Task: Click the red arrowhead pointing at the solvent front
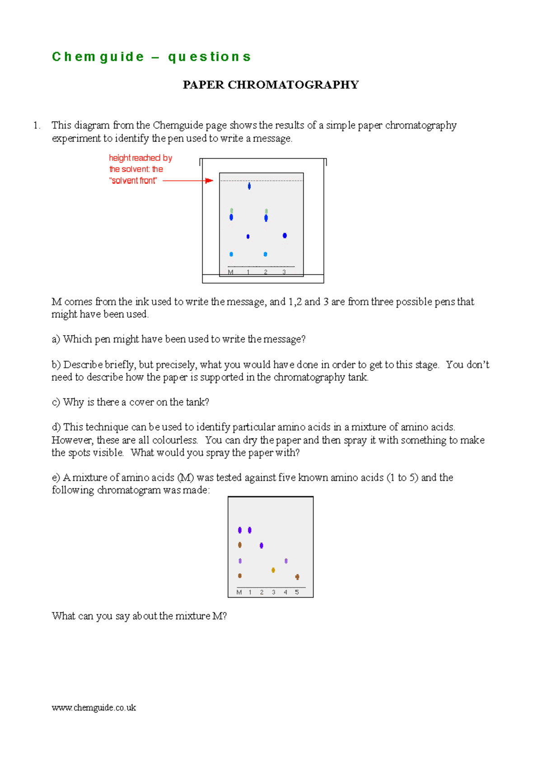209,181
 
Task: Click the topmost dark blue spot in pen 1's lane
249,186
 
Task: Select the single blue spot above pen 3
285,235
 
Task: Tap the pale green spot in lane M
232,210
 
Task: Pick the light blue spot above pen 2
265,254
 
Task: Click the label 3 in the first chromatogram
284,272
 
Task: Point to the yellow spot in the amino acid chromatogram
273,570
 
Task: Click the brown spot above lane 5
297,577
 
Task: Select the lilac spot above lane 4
286,561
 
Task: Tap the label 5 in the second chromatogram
297,592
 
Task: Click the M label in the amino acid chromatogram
239,592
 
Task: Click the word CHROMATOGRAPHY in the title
293,85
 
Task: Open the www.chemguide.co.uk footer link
94,708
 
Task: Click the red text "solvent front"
133,181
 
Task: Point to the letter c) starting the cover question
56,402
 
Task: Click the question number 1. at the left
37,125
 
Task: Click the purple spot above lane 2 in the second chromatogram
262,546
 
